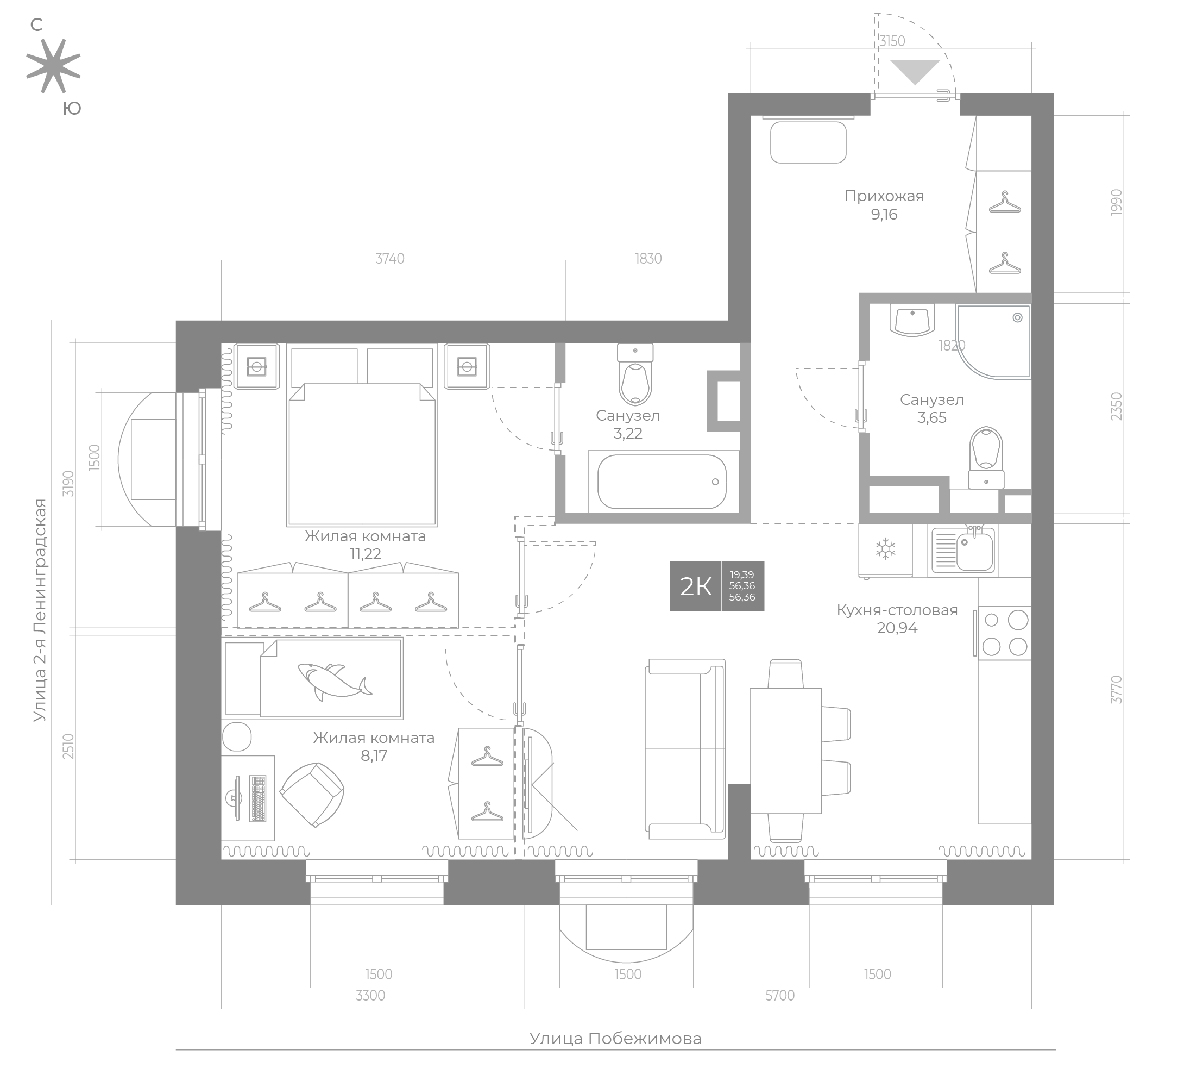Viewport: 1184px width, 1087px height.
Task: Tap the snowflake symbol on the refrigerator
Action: tap(885, 549)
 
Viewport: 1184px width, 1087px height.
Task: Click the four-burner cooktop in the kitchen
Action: tap(1005, 633)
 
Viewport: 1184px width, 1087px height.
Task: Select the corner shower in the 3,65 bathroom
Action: tap(993, 341)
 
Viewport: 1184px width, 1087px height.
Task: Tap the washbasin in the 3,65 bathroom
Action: tap(912, 320)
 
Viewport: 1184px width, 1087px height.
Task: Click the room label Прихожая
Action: tap(884, 196)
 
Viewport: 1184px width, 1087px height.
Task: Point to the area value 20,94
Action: tap(897, 628)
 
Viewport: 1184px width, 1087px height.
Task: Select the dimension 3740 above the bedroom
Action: tap(390, 258)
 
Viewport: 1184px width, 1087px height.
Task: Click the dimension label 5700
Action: tap(780, 995)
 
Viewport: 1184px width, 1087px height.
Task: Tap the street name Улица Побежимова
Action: tap(615, 1038)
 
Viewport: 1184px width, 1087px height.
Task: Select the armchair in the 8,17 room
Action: tap(312, 795)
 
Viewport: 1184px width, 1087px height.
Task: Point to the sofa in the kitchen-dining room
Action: tap(685, 749)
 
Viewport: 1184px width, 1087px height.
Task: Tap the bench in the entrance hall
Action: tap(808, 142)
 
